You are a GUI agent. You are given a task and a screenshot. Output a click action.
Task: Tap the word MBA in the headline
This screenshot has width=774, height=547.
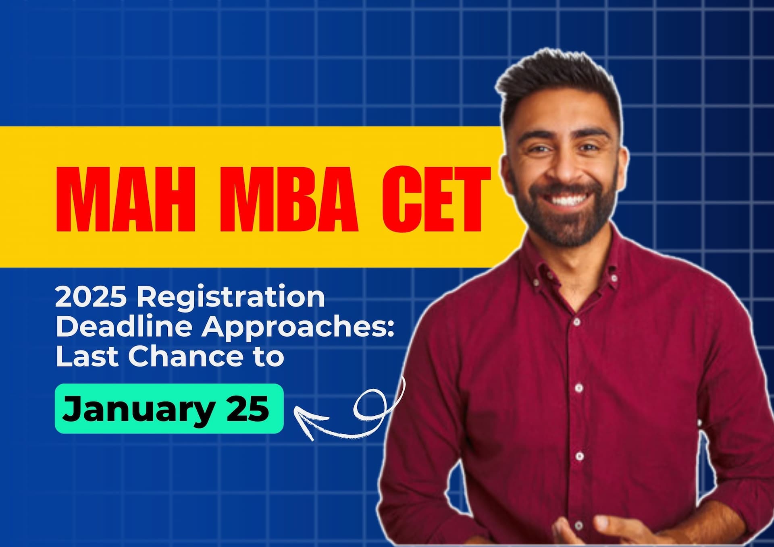tap(289, 199)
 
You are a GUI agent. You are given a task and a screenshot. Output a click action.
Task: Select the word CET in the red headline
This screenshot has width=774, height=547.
tap(436, 199)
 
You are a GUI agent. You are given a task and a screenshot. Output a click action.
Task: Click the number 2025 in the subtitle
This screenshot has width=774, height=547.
tap(92, 297)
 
